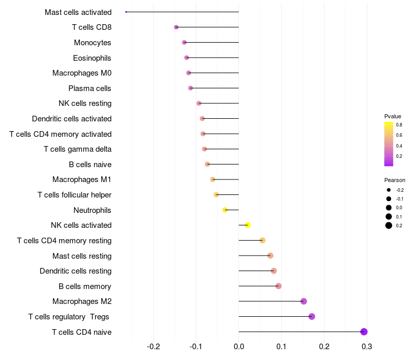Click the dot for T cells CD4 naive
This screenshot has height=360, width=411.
click(364, 332)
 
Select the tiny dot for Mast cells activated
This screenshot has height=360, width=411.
click(126, 12)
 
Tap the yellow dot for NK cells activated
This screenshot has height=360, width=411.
click(248, 225)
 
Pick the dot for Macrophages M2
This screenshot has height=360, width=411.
click(304, 301)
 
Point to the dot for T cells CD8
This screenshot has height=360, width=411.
click(176, 27)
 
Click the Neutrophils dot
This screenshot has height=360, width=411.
click(225, 210)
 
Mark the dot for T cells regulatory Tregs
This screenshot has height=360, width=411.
click(312, 316)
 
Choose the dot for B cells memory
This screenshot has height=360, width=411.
click(278, 286)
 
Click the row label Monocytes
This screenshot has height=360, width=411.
click(92, 43)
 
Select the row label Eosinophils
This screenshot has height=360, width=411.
click(92, 58)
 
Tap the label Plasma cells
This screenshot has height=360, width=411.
click(89, 88)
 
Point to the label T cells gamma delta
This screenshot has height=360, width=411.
click(78, 149)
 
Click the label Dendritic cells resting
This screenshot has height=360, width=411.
click(76, 271)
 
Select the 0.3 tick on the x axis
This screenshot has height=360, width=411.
click(367, 347)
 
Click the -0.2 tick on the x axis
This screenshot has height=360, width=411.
click(153, 347)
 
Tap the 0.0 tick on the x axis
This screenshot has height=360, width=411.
click(239, 347)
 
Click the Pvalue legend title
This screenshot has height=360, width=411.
click(393, 116)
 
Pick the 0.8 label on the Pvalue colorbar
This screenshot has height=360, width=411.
click(399, 125)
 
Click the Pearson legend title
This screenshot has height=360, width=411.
click(395, 180)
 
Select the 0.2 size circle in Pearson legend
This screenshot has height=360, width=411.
click(389, 225)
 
